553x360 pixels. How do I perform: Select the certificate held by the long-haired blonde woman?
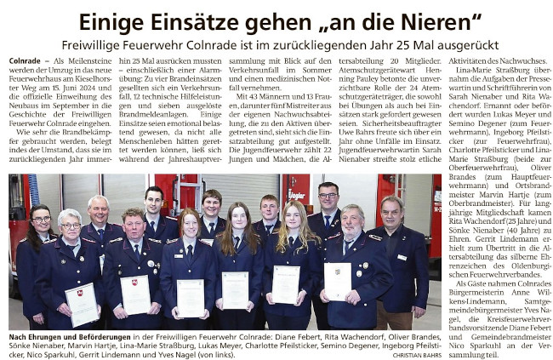point(286,284)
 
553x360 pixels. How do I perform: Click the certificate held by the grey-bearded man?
point(338,281)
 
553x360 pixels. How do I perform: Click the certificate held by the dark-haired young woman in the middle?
point(235,289)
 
